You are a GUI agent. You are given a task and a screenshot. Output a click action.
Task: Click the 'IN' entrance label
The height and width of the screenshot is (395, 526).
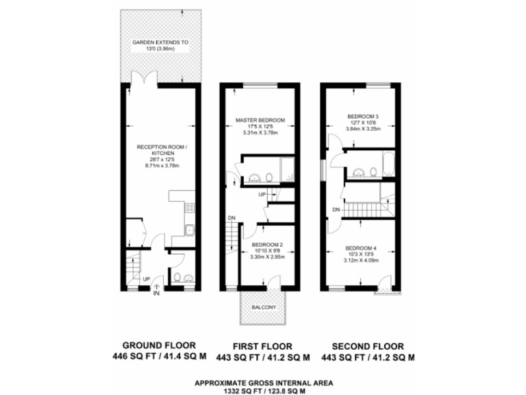157,294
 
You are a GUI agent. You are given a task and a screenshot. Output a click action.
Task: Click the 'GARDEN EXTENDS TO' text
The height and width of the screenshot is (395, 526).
160,43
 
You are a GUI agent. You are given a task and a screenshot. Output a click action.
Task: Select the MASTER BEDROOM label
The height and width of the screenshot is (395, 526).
260,120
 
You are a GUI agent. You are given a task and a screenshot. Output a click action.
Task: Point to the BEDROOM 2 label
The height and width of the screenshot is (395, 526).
267,245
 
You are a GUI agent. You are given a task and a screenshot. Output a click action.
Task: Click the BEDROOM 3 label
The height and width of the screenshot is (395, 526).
363,116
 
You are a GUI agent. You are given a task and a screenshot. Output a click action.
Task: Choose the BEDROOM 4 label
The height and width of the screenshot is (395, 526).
361,248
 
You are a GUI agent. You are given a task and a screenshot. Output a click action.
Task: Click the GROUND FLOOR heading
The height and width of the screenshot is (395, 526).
159,346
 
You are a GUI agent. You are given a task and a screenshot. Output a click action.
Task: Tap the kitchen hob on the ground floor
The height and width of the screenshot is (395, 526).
190,207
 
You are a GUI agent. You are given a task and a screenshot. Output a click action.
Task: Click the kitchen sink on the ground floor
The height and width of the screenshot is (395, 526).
190,231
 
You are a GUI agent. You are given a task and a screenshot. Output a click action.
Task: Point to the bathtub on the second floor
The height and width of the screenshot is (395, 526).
388,165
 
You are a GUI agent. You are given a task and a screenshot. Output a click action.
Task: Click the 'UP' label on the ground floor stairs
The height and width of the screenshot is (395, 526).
146,279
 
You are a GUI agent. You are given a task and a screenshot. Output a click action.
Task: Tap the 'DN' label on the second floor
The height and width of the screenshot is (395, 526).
336,209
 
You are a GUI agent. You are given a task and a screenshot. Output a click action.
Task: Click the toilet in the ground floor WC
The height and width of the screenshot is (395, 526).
177,278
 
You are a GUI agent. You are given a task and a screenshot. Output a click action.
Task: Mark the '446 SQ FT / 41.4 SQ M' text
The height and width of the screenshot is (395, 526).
159,357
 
